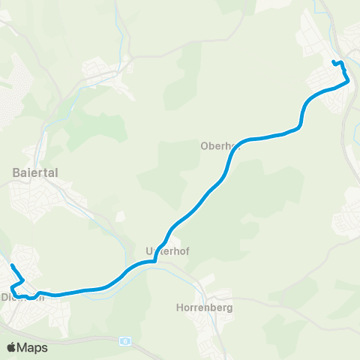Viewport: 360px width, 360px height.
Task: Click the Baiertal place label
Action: [36, 172]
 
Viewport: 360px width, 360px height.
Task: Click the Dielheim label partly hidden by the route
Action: [22, 296]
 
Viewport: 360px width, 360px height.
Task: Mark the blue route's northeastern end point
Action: [334, 61]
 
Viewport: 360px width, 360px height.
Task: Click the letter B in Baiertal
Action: [16, 172]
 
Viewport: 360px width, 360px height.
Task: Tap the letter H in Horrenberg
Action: [178, 307]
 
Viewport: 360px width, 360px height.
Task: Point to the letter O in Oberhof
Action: [204, 146]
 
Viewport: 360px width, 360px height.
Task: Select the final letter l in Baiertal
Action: [57, 172]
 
